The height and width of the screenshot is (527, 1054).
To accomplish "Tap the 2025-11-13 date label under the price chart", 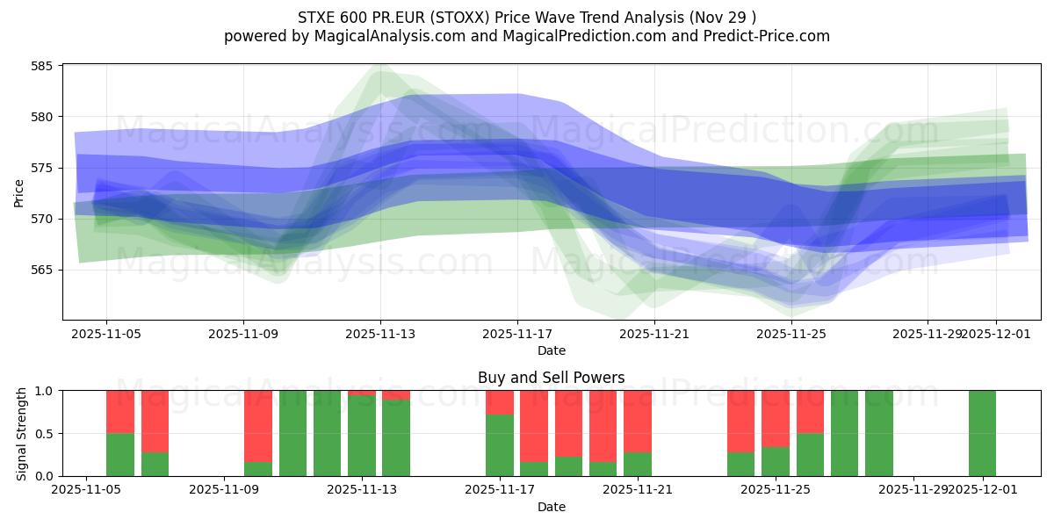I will point(380,334).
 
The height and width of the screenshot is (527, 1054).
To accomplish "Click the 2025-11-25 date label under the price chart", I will point(791,334).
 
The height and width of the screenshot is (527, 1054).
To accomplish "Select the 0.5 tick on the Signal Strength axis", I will point(45,433).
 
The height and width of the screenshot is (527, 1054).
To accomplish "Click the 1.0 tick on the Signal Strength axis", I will point(45,390).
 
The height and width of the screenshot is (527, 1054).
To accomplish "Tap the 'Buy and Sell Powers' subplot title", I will point(551,378).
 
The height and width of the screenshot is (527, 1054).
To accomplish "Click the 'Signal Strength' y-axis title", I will point(22,433).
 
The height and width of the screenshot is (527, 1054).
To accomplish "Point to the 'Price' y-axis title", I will point(19,193).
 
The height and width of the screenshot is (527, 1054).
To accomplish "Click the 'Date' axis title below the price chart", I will point(551,350).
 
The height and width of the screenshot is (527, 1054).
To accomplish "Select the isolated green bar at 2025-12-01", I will point(982,433).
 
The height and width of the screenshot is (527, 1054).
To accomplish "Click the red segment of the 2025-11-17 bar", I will point(499,401).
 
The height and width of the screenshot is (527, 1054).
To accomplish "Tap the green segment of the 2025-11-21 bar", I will point(637,464).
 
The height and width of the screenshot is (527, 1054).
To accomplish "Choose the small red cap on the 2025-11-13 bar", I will point(361,393).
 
